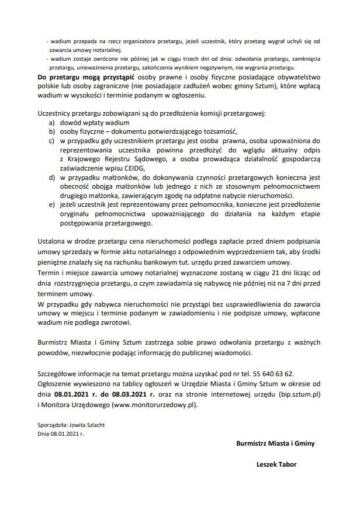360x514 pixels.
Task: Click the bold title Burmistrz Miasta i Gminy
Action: [x=275, y=443]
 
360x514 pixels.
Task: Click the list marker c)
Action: [x=53, y=141]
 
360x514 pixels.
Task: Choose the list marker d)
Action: [x=53, y=176]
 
